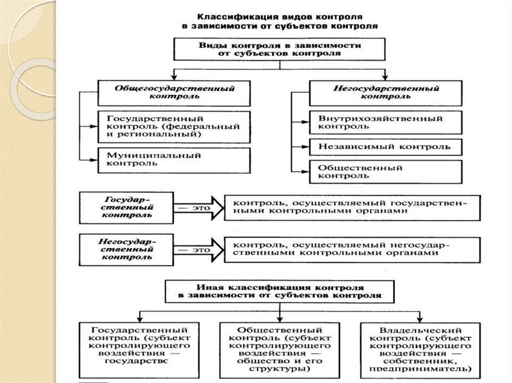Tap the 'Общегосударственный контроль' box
tap(174, 92)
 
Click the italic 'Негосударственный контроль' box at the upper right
tap(385, 92)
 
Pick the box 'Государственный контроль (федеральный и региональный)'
tap(174, 126)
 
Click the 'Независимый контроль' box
tap(385, 147)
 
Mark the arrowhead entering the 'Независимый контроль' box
tap(304, 147)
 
